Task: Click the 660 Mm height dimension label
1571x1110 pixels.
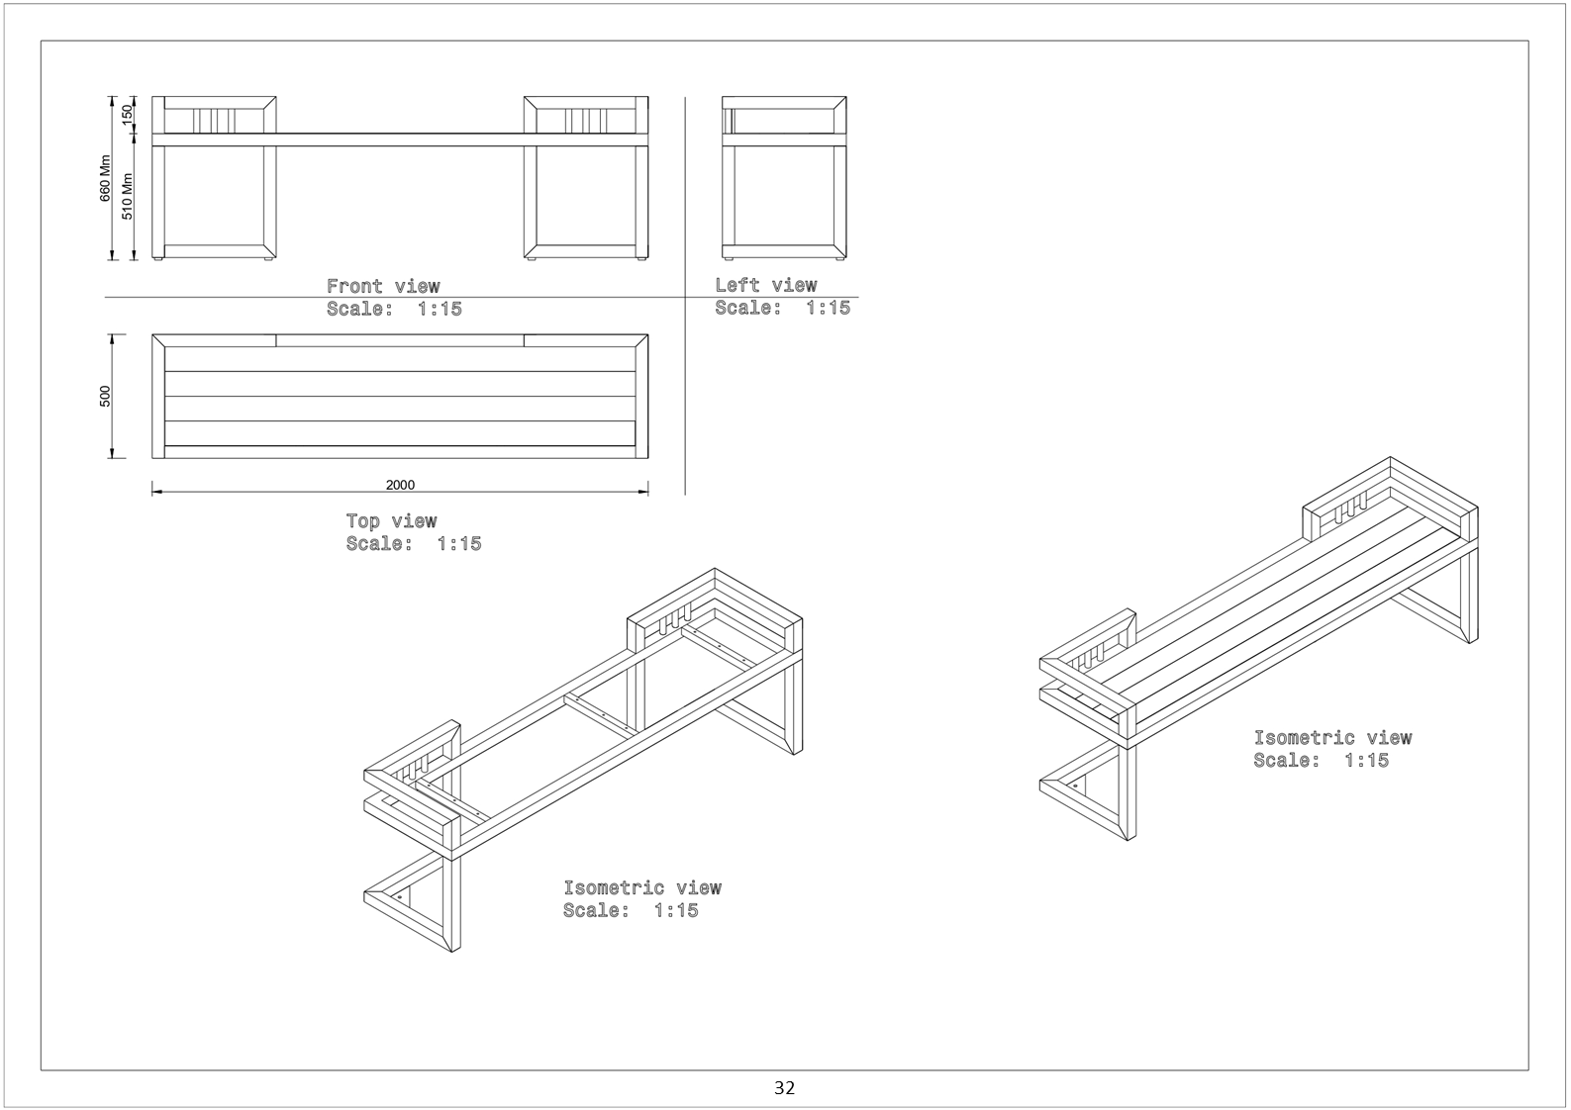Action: pos(105,178)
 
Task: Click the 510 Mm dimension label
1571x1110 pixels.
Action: pos(127,196)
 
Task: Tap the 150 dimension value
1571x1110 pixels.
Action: pos(127,114)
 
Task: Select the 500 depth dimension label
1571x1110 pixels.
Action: pos(105,396)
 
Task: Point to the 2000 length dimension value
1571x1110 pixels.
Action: pos(400,485)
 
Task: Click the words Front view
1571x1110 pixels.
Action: pos(383,286)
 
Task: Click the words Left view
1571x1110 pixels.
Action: pos(766,285)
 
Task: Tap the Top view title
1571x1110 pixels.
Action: pos(391,520)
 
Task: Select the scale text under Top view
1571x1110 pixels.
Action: pos(414,544)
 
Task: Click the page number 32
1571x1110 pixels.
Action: pos(784,1087)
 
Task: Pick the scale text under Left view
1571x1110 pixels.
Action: pos(783,308)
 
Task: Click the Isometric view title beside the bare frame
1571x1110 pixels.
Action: pos(642,887)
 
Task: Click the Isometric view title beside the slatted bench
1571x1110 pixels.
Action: pos(1332,738)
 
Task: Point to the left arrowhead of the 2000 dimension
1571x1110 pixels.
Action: pos(157,492)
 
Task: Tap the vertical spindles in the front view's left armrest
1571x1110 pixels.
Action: pos(214,122)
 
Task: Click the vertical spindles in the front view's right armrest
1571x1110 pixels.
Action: pos(586,122)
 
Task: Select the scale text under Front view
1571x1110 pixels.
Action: pos(394,309)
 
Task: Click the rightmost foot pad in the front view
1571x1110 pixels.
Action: pos(641,260)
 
